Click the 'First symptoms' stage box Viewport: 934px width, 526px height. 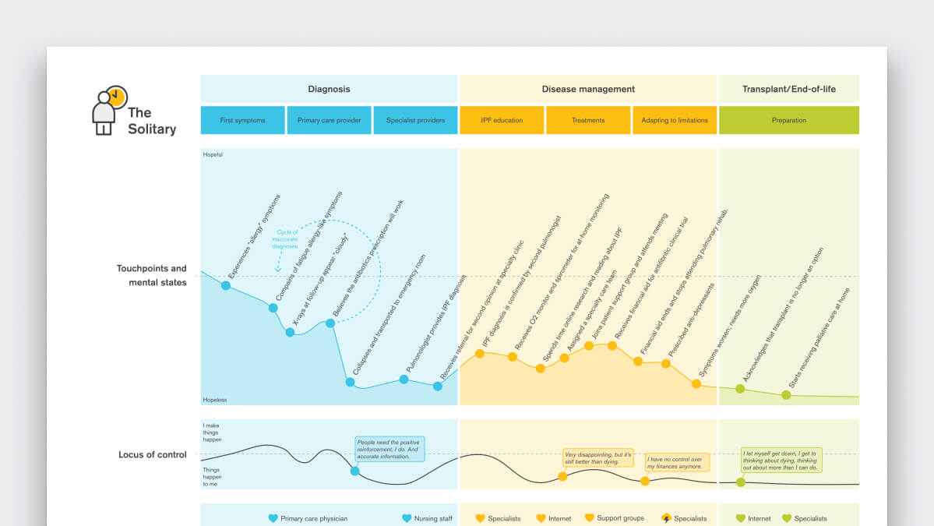tap(242, 120)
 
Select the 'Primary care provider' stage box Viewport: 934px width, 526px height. tap(329, 120)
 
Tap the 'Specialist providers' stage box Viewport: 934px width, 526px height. tap(415, 120)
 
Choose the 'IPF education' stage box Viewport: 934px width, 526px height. tap(502, 120)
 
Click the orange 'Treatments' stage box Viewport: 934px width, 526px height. tap(588, 120)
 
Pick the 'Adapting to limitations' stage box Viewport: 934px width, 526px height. tap(675, 120)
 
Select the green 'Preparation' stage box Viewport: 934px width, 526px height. tap(789, 120)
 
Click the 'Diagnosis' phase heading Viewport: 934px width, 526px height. tap(329, 89)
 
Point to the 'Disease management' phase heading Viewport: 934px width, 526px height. tap(588, 89)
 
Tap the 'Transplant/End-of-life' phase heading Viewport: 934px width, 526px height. tap(789, 89)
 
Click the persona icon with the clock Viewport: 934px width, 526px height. tap(107, 110)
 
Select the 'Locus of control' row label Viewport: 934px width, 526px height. tap(153, 454)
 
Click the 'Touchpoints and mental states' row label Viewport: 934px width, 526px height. tap(152, 275)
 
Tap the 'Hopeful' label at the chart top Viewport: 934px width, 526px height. tap(213, 154)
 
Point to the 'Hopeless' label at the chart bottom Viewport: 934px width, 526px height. tap(214, 400)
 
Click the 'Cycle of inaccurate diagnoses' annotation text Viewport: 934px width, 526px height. tap(285, 238)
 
